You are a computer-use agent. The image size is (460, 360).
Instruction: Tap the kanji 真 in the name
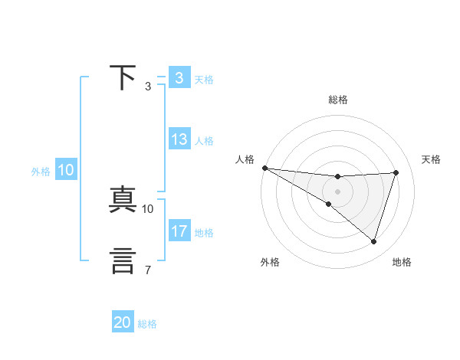[123, 200]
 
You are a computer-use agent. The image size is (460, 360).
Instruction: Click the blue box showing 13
[179, 140]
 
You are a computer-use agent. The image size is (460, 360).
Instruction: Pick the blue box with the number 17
[179, 231]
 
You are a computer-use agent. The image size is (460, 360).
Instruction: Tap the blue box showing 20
[123, 323]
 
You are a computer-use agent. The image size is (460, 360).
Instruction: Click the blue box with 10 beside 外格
[66, 171]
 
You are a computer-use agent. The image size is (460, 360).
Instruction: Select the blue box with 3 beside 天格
[179, 78]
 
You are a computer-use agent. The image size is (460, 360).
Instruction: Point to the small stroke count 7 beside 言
[147, 270]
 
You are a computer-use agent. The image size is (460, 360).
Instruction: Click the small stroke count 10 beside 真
[148, 208]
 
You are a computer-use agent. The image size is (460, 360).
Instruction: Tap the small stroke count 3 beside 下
[147, 86]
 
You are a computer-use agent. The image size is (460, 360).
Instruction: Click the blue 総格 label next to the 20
[148, 324]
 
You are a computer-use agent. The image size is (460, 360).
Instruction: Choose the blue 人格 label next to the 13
[205, 141]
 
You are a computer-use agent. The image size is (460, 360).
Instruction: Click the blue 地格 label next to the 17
[205, 233]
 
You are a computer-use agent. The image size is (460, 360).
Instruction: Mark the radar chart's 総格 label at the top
[338, 100]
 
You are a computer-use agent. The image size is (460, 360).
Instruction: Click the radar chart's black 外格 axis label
[270, 262]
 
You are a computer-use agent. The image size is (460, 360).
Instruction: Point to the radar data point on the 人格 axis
[264, 168]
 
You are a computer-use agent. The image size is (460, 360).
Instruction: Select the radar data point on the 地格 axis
[374, 241]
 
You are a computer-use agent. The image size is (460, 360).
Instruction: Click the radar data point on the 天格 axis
[396, 172]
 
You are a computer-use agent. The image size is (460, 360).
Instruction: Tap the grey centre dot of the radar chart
[337, 191]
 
